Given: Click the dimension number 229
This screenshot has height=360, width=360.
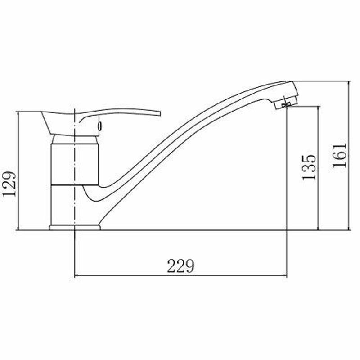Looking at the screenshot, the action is (181, 266).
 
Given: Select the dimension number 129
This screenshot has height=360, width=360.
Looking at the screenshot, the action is (9, 184).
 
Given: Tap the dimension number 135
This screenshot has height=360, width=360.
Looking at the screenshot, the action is (309, 167).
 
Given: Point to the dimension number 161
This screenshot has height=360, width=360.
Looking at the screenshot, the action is (339, 155).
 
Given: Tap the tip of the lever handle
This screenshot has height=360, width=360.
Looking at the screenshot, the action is (160, 114).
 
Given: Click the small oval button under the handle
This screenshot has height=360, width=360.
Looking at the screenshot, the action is (99, 126).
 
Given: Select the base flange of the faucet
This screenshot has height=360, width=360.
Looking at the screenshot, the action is (75, 227).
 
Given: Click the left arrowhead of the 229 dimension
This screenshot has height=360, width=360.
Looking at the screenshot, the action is (77, 275).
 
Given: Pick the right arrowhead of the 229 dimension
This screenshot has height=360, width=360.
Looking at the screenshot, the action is (285, 275).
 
